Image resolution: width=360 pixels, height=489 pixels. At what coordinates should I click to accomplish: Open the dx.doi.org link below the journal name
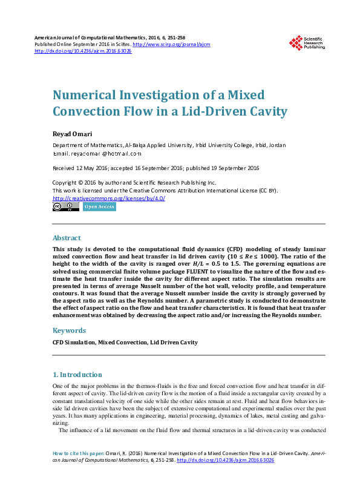83,51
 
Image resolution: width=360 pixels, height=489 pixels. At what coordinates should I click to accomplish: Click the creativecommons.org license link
109,198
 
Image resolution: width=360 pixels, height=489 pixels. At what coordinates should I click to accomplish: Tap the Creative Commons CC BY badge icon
65,206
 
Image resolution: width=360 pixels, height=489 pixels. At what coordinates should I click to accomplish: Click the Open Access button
99,207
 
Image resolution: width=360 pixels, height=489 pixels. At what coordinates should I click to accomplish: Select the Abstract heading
66,238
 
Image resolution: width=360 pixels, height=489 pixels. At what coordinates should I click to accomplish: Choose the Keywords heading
69,330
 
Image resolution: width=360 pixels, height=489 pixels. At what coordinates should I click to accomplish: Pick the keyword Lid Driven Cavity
174,343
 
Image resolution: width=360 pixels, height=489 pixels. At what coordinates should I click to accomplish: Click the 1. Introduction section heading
77,375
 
